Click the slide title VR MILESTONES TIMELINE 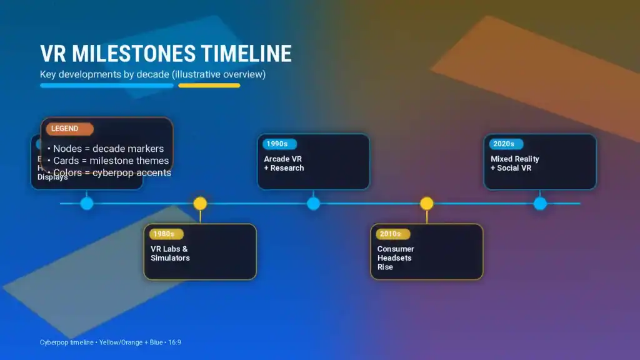[166, 54]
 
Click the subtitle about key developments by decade [153, 74]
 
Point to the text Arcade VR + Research [284, 164]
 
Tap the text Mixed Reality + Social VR [514, 164]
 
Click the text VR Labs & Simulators [170, 253]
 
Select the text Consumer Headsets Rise [395, 257]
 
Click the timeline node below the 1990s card [313, 203]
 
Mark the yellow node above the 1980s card [200, 203]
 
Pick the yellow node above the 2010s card [426, 203]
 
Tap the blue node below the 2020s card [540, 203]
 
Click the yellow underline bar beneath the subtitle [209, 86]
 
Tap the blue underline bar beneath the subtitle [107, 86]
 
